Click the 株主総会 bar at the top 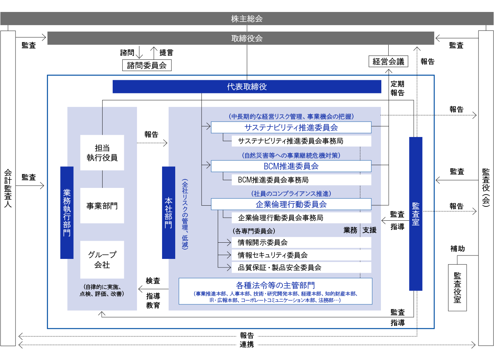point(247,19)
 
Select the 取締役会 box point(247,38)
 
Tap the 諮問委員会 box point(147,65)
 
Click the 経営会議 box point(388,61)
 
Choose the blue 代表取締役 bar point(247,87)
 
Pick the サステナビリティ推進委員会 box point(291,127)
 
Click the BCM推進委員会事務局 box point(301,180)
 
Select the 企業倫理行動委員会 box point(291,204)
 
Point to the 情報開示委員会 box point(301,242)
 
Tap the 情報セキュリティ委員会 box point(301,255)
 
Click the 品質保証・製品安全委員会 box point(301,267)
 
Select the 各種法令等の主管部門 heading point(275,285)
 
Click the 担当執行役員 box point(102,152)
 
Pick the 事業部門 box point(102,206)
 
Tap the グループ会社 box point(102,260)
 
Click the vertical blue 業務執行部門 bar point(67,213)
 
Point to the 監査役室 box point(457,287)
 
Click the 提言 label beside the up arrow point(166,52)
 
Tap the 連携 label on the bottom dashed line point(247,345)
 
